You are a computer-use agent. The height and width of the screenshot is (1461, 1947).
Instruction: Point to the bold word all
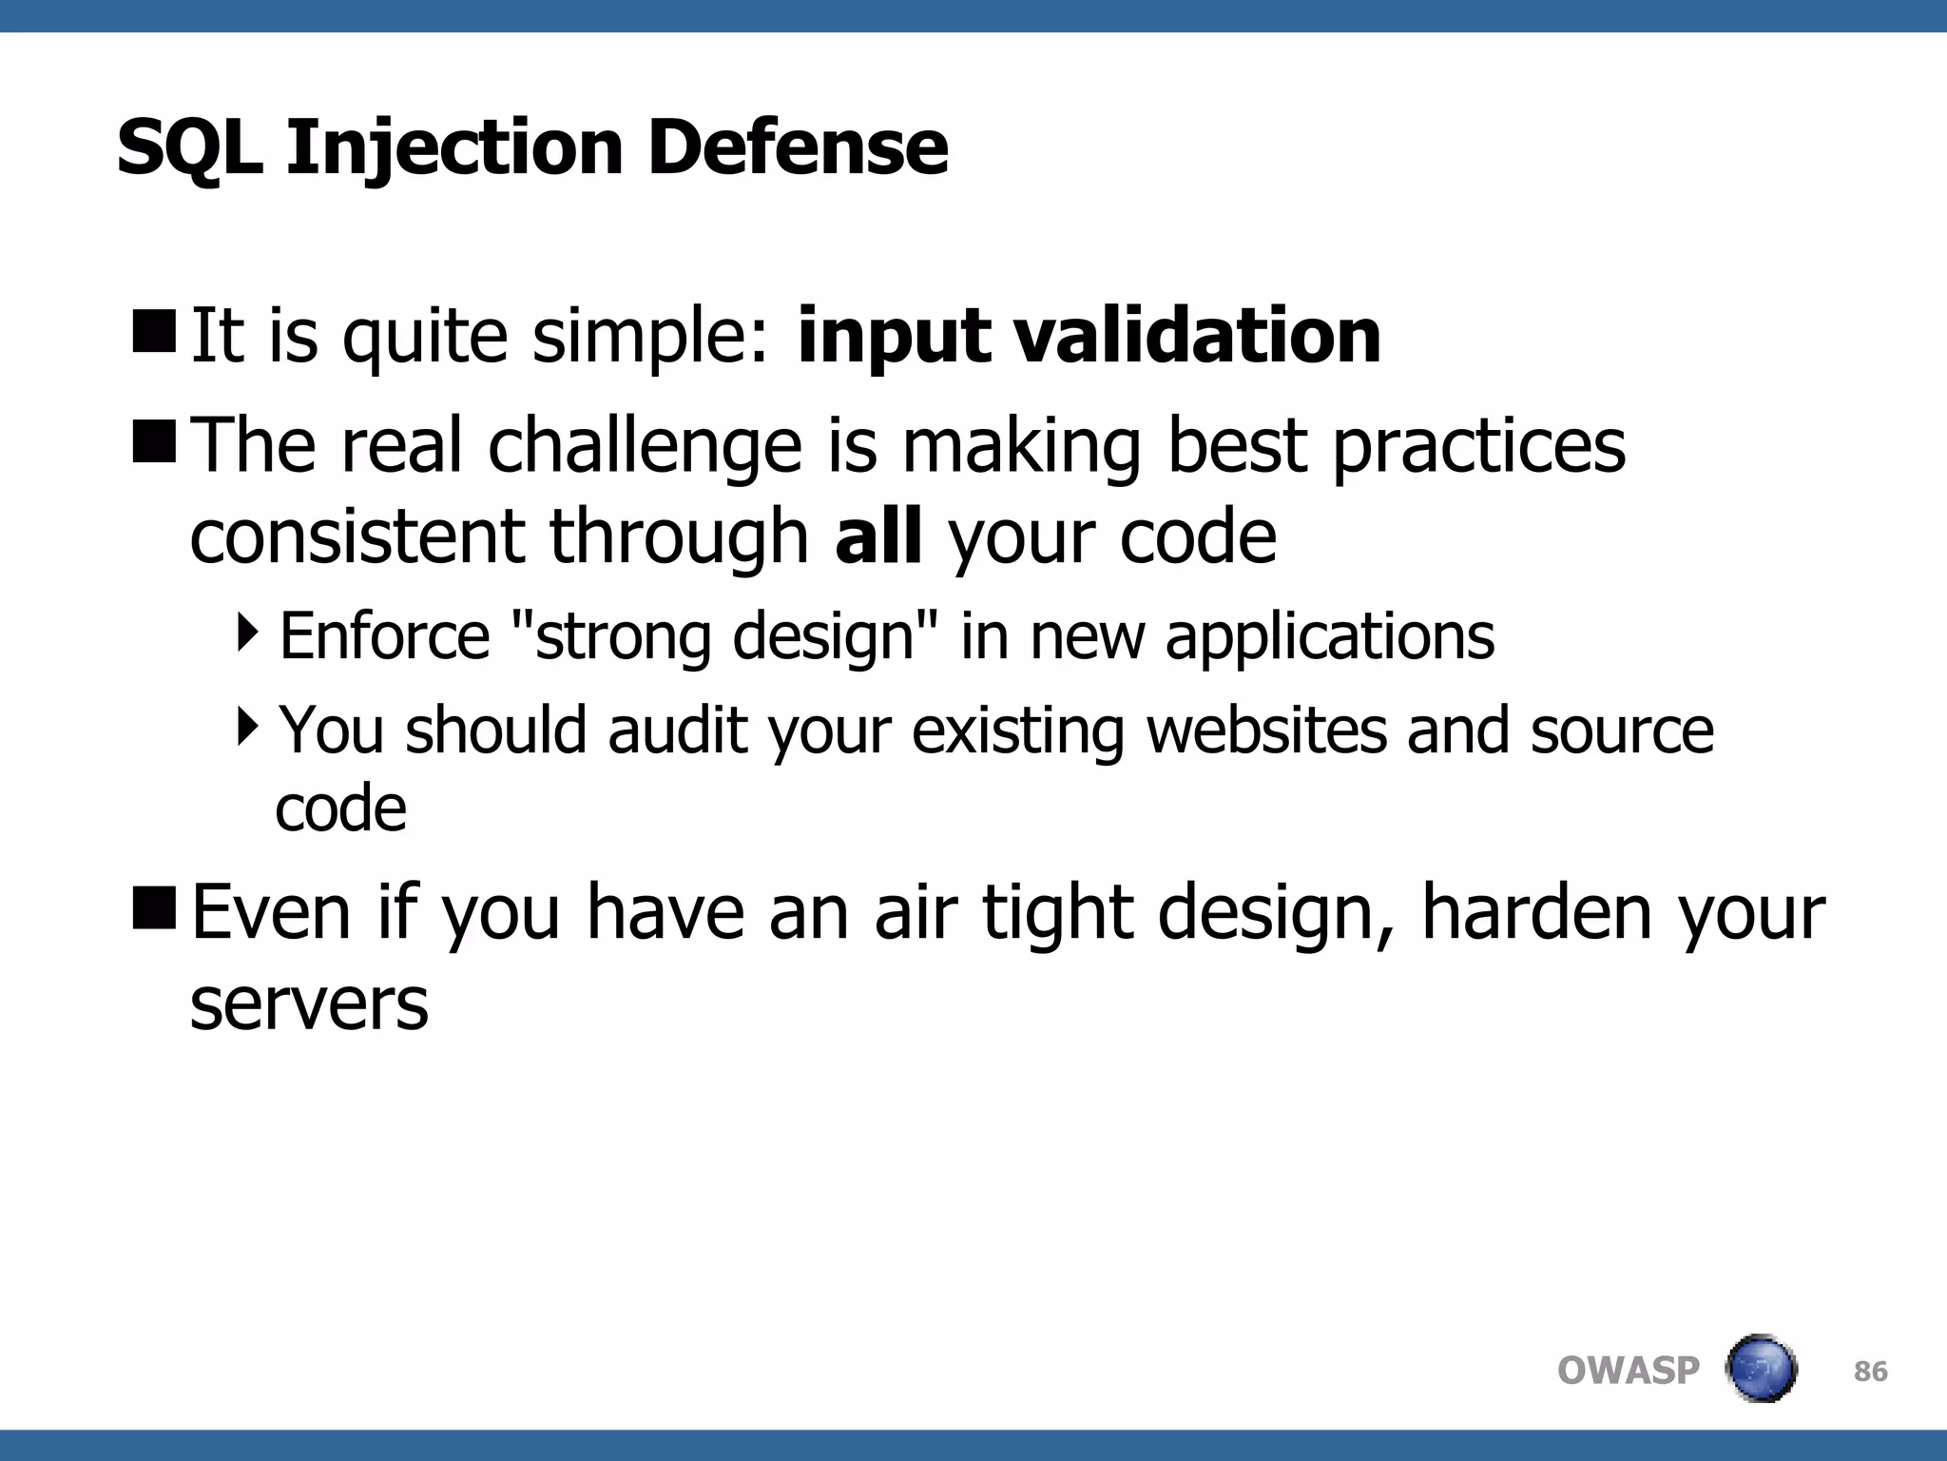[x=877, y=536]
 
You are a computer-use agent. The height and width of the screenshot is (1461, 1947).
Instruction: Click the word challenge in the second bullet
[x=646, y=446]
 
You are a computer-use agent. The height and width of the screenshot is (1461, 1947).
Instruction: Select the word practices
[x=1478, y=446]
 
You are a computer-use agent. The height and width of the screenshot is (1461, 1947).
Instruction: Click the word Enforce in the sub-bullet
[x=384, y=636]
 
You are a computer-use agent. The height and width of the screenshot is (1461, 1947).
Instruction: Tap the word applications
[x=1329, y=638]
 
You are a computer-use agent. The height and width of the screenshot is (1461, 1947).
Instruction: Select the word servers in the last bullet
[x=309, y=1004]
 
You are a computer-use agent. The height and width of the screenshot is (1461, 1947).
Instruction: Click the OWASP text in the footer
[x=1628, y=1371]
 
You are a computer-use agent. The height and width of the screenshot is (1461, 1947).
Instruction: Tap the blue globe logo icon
[x=1761, y=1369]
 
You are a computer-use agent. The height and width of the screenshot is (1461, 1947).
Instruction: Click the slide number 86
[x=1870, y=1371]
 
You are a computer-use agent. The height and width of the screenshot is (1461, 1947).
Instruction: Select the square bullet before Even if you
[x=154, y=906]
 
